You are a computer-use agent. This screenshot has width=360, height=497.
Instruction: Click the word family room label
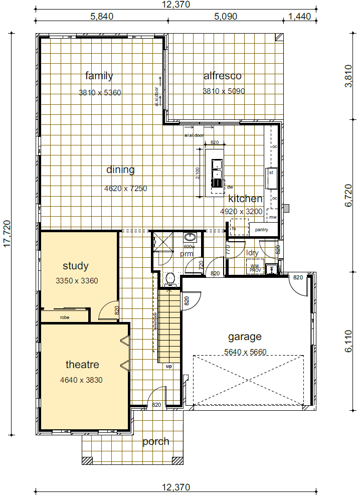point(99,76)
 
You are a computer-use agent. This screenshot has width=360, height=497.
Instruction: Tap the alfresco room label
point(222,76)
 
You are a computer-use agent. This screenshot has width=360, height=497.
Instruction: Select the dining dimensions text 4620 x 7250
point(125,189)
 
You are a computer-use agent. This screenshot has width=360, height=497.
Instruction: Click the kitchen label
point(245,199)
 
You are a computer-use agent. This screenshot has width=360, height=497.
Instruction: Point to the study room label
point(76,266)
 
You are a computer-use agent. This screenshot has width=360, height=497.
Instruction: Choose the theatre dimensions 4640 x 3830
point(81,380)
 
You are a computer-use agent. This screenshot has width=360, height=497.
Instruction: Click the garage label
point(245,337)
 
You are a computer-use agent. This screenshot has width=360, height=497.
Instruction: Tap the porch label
point(155,442)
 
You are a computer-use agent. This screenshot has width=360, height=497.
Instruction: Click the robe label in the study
point(64,317)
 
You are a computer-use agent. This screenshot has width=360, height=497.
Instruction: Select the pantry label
point(262,230)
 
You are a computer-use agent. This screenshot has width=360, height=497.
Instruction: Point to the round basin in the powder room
point(190,237)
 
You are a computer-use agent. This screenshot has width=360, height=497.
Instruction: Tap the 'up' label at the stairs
point(168,367)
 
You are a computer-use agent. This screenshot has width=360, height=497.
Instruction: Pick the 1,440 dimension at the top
point(300,16)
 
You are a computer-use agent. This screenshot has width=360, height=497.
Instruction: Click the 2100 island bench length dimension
point(198,173)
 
